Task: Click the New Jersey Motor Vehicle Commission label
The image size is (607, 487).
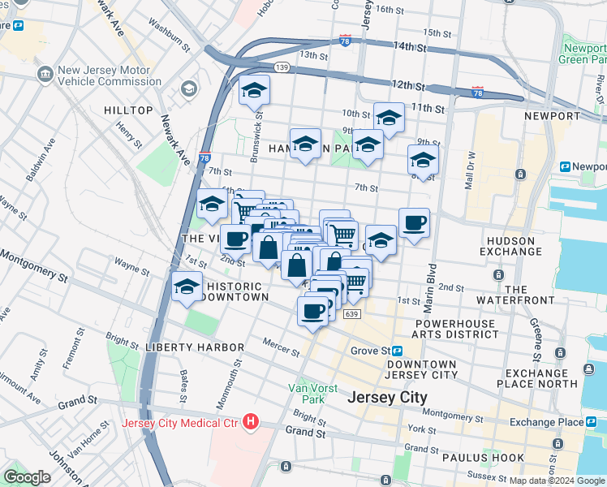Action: coord(110,75)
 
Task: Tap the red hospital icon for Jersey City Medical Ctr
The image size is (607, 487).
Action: coord(251,423)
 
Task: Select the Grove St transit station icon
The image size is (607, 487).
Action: coord(398,351)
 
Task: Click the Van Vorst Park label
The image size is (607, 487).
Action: coord(308,393)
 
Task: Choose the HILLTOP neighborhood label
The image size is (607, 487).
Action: coord(128,110)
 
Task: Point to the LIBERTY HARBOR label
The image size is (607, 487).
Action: coord(195,347)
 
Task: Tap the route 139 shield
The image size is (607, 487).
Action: coord(282,67)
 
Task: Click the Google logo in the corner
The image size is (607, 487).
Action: coord(27,477)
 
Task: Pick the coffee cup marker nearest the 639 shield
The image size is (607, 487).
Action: coord(312,310)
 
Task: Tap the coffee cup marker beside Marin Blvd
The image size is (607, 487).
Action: coord(414,222)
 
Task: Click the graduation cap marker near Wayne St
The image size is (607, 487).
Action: coord(187,287)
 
